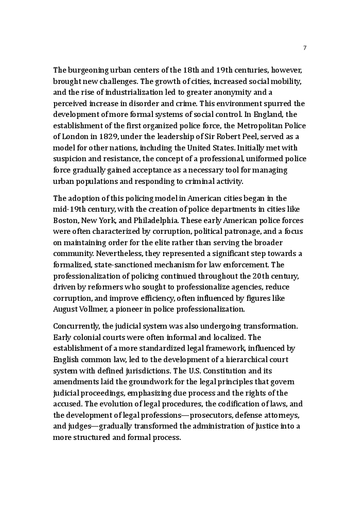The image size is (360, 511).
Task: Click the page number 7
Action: point(305,48)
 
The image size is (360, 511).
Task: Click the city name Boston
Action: point(65,220)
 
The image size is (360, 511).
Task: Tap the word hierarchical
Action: point(245,359)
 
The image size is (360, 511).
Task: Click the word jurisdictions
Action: point(150,370)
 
